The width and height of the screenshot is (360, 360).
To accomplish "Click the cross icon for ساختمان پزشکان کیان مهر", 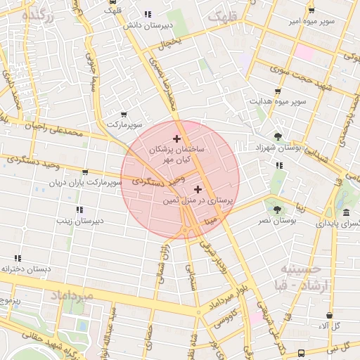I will pyautogui.click(x=176, y=139).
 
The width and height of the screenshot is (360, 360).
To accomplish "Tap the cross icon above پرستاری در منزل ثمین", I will pyautogui.click(x=197, y=188).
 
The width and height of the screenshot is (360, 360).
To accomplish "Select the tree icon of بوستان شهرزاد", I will pyautogui.click(x=278, y=136).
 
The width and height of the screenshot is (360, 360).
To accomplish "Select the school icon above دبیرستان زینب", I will pyautogui.click(x=79, y=209).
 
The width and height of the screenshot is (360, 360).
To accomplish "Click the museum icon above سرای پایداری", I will pyautogui.click(x=345, y=212).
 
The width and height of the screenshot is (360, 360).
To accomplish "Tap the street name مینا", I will pyautogui.click(x=211, y=221).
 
